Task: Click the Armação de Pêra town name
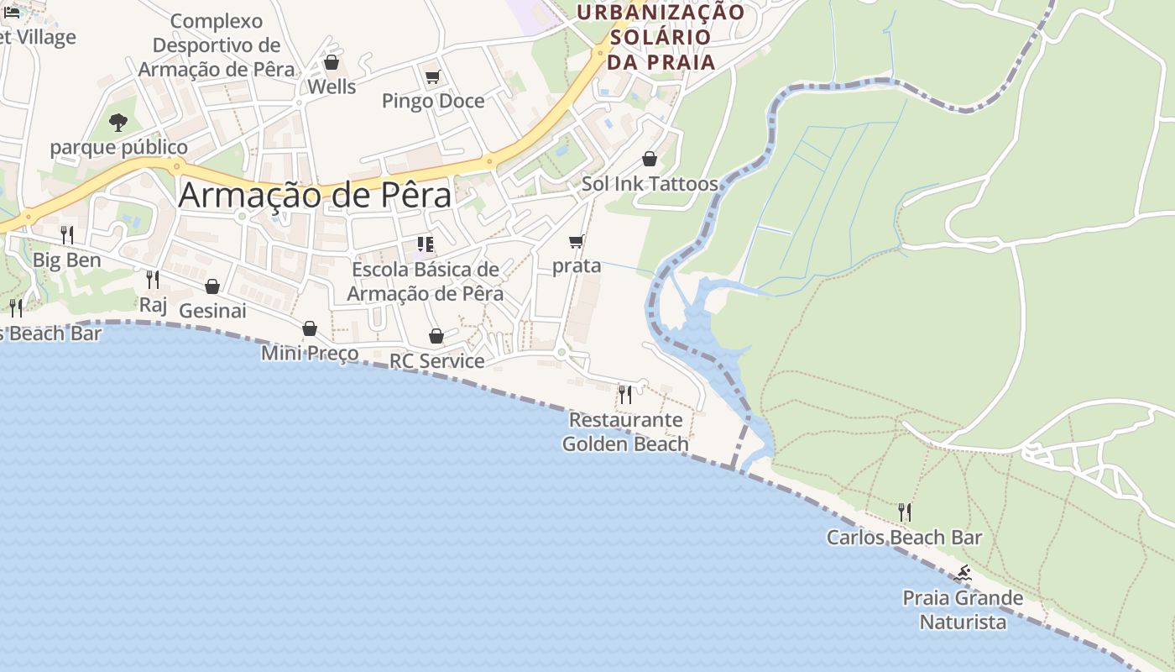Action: click(315, 195)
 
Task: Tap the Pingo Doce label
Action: click(433, 101)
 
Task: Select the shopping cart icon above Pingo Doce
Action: click(432, 77)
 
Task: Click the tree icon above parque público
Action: click(118, 123)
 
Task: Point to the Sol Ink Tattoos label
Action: click(650, 183)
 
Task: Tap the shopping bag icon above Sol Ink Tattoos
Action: click(650, 159)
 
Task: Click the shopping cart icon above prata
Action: click(576, 242)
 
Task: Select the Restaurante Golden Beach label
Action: click(625, 432)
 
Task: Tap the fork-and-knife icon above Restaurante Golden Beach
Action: click(625, 394)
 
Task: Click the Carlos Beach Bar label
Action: click(904, 537)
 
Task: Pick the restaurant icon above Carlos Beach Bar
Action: click(904, 512)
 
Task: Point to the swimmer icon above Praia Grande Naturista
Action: click(963, 574)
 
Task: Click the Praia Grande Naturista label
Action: click(963, 610)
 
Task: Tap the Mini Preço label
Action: click(310, 353)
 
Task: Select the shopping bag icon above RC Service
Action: click(436, 336)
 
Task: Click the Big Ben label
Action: click(67, 260)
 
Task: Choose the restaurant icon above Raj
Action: click(152, 279)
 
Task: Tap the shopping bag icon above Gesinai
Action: click(212, 286)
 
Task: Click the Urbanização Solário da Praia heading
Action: click(661, 37)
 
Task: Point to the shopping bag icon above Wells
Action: click(332, 62)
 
